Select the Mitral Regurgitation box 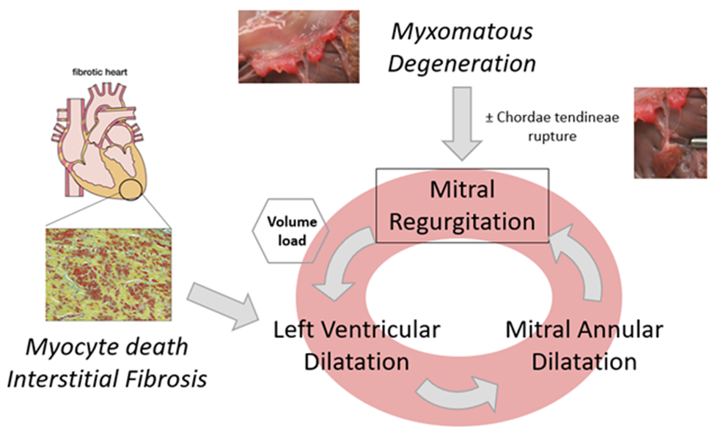(x=462, y=206)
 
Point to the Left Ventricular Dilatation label (x=357, y=345)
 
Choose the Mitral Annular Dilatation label (x=584, y=345)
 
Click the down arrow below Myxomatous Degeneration (x=462, y=122)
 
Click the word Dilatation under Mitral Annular (x=584, y=361)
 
